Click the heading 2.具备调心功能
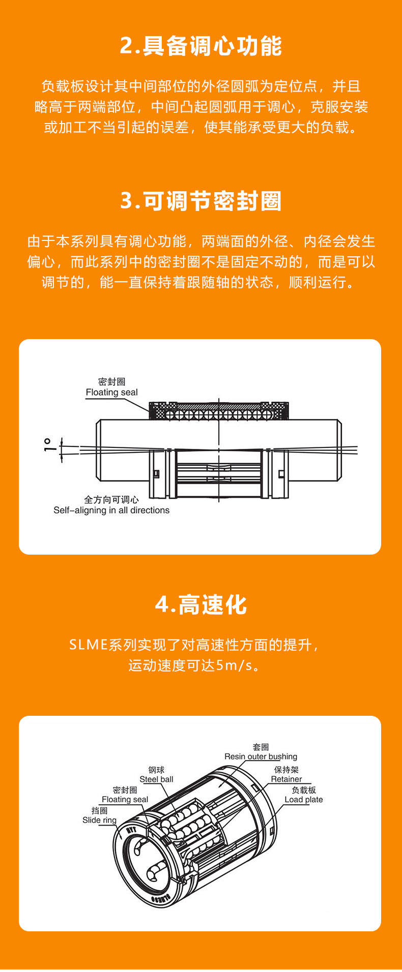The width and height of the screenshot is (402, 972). (201, 46)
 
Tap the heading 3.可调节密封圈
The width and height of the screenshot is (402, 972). (201, 201)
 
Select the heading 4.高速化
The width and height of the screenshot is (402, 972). (201, 605)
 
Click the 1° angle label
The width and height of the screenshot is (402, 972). (48, 445)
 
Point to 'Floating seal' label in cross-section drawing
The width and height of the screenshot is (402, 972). (111, 392)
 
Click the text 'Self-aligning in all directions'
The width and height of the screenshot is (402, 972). (111, 510)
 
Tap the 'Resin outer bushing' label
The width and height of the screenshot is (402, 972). (261, 756)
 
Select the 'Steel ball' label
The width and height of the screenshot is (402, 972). (157, 779)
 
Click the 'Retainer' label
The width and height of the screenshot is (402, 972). (286, 779)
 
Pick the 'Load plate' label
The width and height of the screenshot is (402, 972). (304, 800)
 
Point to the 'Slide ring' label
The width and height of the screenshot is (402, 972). (100, 820)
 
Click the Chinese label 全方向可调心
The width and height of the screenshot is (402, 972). (111, 500)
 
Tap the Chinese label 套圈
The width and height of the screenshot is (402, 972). (261, 747)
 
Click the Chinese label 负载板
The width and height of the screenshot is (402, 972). (304, 791)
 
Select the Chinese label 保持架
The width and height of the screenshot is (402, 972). (286, 770)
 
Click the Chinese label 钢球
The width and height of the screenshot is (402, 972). (157, 770)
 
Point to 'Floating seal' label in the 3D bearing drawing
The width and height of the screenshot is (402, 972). (125, 800)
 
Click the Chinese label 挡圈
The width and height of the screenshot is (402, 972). (100, 811)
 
